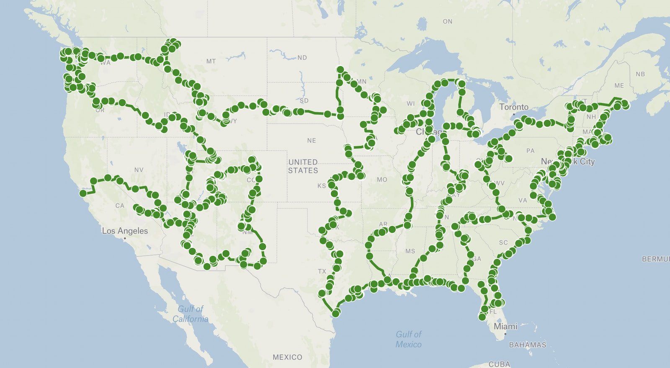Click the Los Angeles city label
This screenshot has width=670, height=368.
[x=125, y=231]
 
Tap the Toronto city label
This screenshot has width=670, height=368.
[x=514, y=107]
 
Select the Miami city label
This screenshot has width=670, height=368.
[x=505, y=326]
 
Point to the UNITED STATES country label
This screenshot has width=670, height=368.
[x=303, y=166]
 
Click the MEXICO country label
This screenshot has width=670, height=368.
[x=287, y=357]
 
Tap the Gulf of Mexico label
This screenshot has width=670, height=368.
[x=409, y=339]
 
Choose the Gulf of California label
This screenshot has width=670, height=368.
[x=191, y=314]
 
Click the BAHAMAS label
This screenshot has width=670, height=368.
[x=528, y=345]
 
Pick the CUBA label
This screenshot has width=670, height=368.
[x=500, y=364]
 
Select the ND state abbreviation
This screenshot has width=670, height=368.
[x=302, y=58]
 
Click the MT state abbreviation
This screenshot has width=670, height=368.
[x=211, y=62]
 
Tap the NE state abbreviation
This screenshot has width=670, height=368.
[x=312, y=141]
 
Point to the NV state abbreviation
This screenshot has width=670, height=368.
[x=139, y=170]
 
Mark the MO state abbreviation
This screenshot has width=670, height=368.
[x=382, y=180]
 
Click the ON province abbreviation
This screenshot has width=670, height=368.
[x=448, y=21]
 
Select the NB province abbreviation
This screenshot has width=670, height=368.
[x=640, y=74]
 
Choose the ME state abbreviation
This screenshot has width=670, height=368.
[x=619, y=85]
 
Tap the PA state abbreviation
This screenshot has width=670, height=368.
[x=531, y=151]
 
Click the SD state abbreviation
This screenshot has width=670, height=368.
[x=304, y=101]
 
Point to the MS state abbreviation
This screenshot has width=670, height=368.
[x=410, y=251]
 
